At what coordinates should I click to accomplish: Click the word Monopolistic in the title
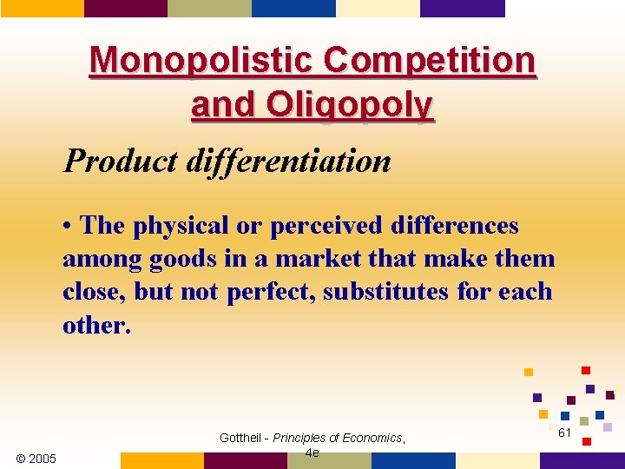(202, 61)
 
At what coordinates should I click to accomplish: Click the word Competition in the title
(430, 61)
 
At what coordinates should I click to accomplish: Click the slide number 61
(564, 433)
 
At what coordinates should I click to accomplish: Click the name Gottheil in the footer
(243, 438)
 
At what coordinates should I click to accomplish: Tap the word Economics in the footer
(371, 438)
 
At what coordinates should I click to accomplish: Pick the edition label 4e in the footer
(312, 452)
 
